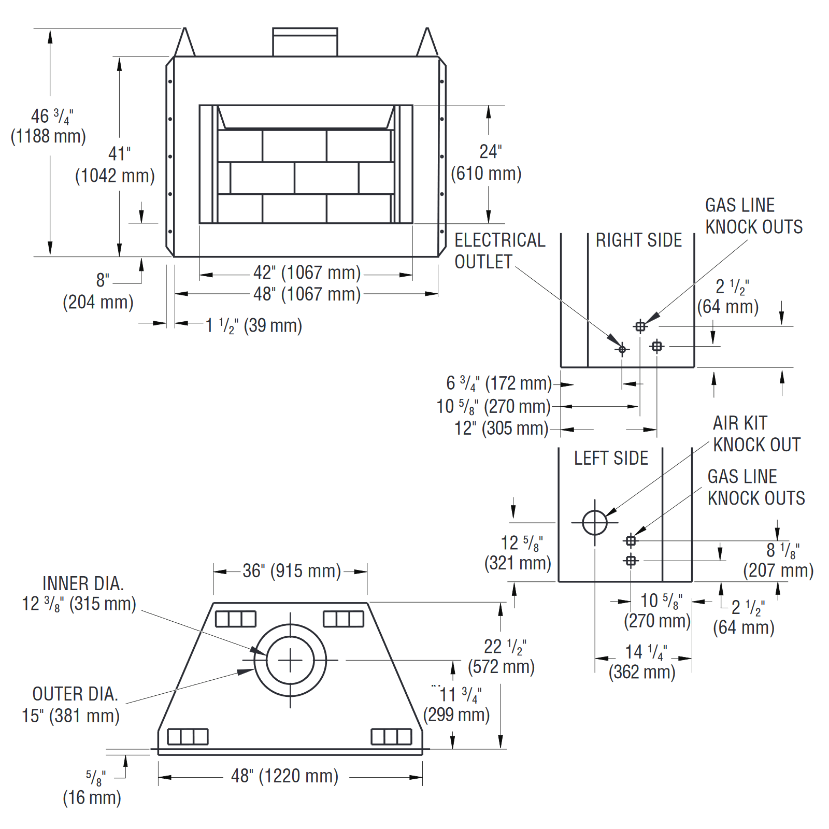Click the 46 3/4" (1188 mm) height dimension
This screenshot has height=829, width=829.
pyautogui.click(x=48, y=126)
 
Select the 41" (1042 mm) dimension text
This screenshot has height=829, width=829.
pyautogui.click(x=116, y=165)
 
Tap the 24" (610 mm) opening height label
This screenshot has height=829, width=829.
pyautogui.click(x=486, y=163)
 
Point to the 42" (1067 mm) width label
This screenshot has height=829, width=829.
pyautogui.click(x=307, y=273)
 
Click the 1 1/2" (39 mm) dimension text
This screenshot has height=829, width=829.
pyautogui.click(x=253, y=326)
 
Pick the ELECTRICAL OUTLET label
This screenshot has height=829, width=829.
pyautogui.click(x=499, y=251)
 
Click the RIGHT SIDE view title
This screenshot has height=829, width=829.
pyautogui.click(x=638, y=240)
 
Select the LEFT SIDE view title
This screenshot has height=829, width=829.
pyautogui.click(x=611, y=459)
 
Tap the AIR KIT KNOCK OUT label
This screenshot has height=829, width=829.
pyautogui.click(x=756, y=434)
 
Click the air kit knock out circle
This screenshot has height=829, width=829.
pyautogui.click(x=594, y=522)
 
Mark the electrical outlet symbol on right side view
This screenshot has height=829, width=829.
pyautogui.click(x=622, y=349)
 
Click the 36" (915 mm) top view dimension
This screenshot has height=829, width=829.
pyautogui.click(x=292, y=571)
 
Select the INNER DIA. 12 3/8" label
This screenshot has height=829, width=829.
pyautogui.click(x=80, y=594)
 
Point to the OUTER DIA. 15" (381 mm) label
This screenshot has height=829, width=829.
pyautogui.click(x=71, y=705)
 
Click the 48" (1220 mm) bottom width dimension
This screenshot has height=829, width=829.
pyautogui.click(x=284, y=776)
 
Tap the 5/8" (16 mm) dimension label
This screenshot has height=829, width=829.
pyautogui.click(x=92, y=788)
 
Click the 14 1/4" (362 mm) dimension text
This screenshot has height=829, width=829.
pyautogui.click(x=642, y=662)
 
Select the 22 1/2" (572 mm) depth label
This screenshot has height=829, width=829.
pyautogui.click(x=501, y=656)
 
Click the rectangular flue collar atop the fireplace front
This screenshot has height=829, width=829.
pyautogui.click(x=305, y=42)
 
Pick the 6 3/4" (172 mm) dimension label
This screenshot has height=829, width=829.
pyautogui.click(x=498, y=383)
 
